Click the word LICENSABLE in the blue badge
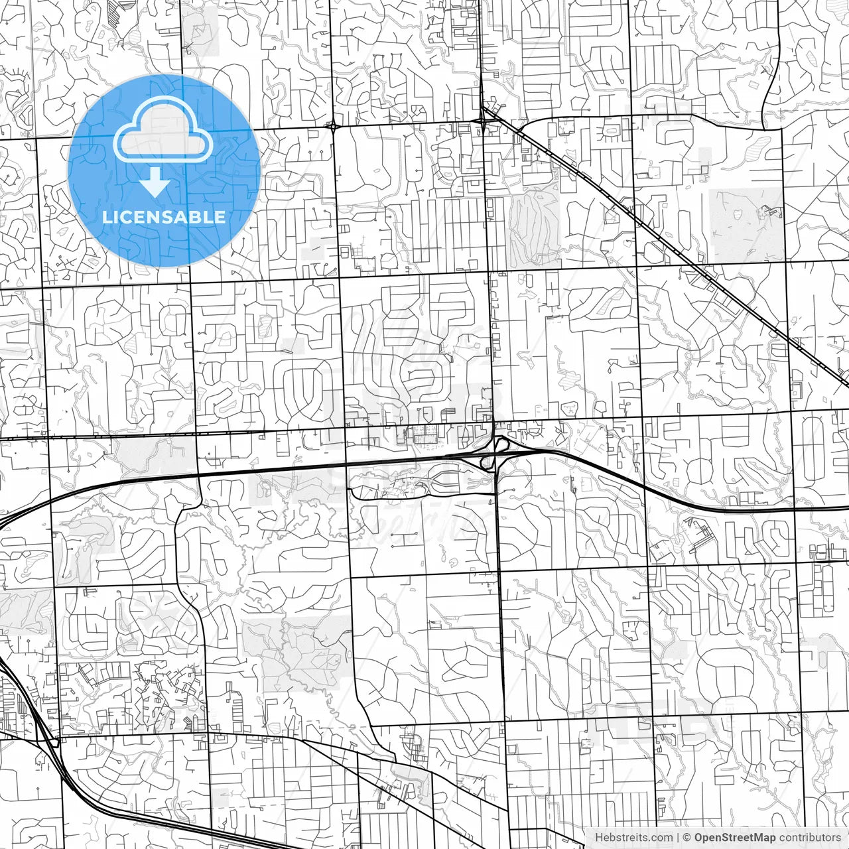pos(164,217)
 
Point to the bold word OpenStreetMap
pos(734,838)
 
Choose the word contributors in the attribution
pos(810,838)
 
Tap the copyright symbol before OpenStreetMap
pos(687,838)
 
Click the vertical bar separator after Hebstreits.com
pos(678,838)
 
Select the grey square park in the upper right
pos(746,224)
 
